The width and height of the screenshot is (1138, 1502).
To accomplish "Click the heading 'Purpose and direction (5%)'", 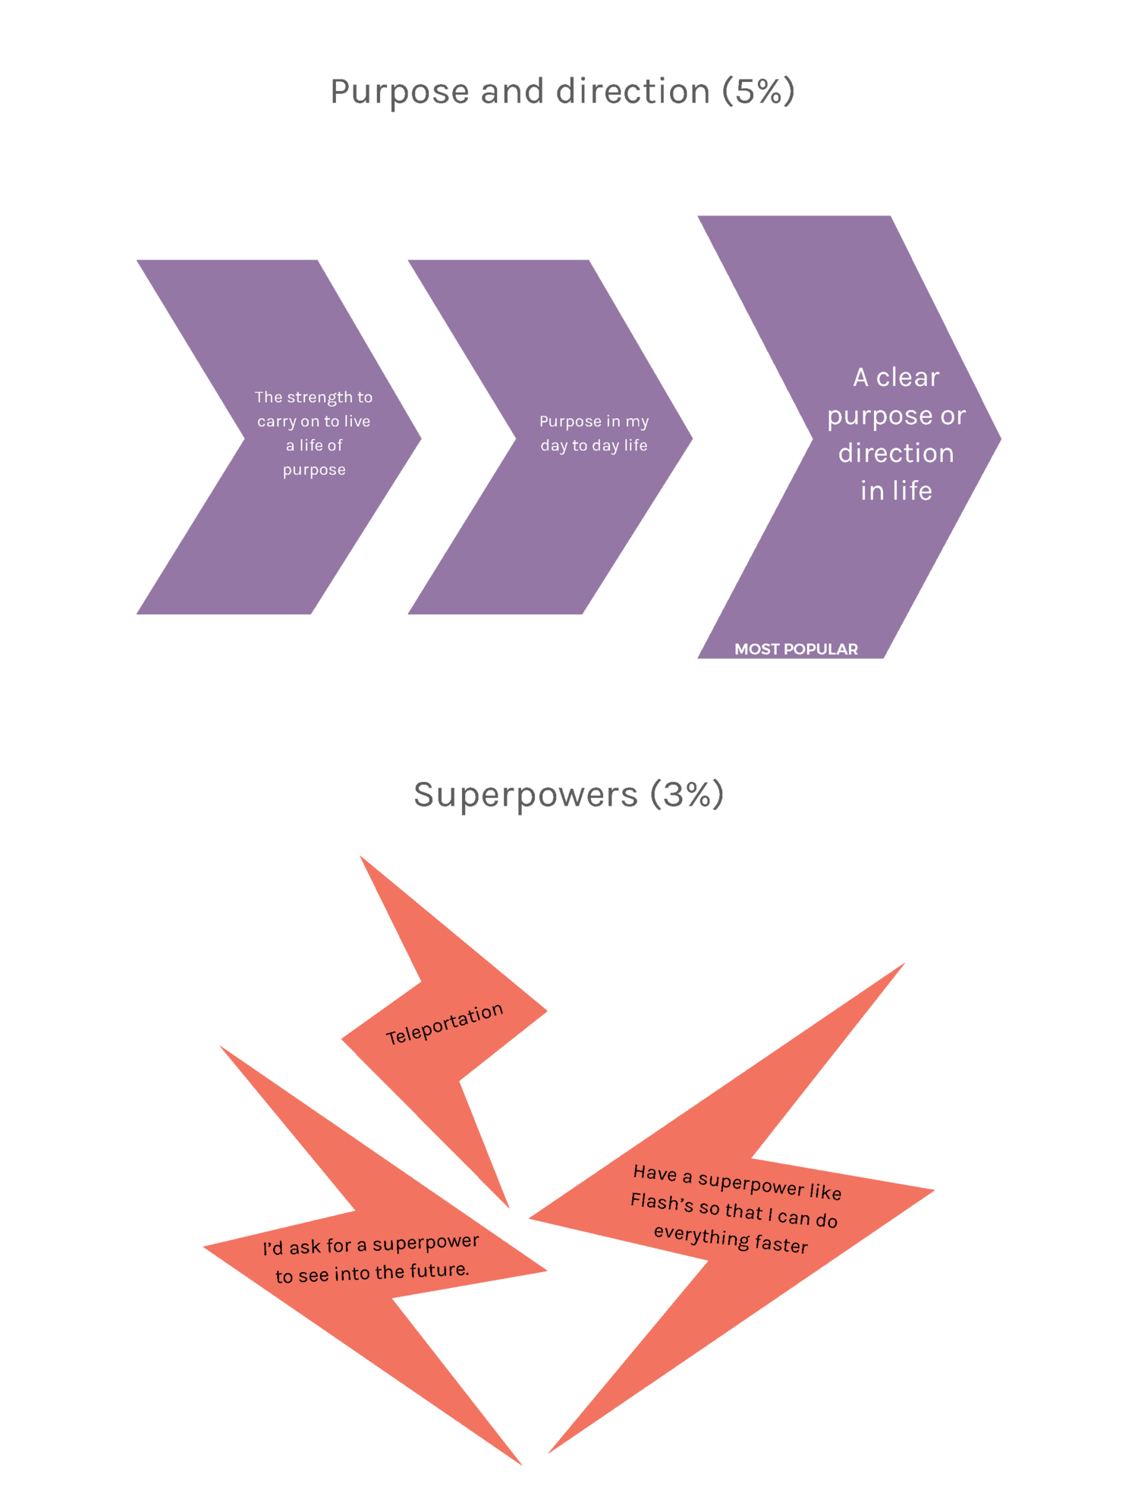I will point(562,92).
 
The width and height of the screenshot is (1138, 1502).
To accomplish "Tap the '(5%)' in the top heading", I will point(758,92).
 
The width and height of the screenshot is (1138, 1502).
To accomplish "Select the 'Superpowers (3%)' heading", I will point(568,795).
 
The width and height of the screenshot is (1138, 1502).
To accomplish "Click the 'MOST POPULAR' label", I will point(796,649).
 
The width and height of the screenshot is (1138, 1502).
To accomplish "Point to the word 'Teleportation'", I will point(445,1023).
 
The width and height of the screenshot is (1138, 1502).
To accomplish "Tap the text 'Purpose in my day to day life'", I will point(594,433).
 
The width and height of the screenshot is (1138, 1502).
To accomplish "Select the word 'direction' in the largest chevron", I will point(896,454).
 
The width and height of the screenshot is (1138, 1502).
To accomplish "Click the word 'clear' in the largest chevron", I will point(907,378).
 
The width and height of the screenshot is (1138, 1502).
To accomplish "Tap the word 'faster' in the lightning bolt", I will point(781,1245).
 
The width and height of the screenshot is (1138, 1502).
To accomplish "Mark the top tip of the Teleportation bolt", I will point(361,857).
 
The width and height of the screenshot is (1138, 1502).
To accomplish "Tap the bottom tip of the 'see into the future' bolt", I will point(520,1463).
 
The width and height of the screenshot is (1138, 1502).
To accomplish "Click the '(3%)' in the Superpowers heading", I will point(687,795).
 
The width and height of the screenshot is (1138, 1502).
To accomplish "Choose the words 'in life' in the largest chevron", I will point(896,492).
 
